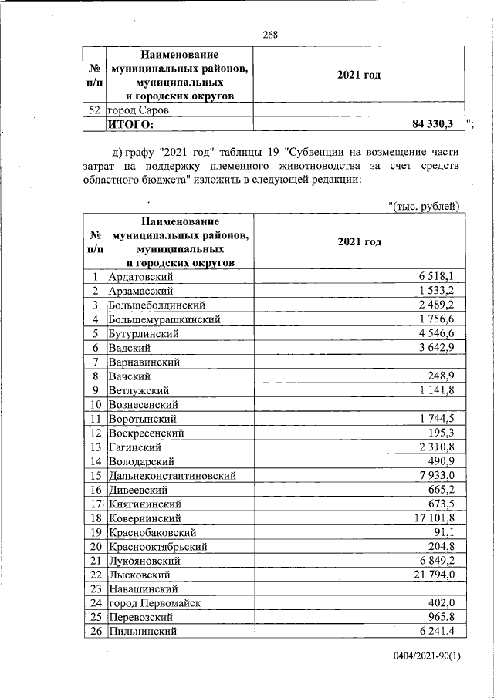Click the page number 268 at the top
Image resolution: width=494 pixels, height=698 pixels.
269,34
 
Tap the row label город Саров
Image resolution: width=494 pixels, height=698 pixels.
139,110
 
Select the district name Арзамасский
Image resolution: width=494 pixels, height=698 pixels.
141,291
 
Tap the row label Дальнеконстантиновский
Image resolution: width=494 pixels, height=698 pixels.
172,476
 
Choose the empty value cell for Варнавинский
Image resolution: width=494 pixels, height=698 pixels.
358,361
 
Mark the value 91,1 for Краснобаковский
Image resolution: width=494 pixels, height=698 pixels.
452,532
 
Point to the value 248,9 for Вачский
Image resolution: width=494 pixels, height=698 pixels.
448,376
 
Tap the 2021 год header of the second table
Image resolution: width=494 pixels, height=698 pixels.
359,242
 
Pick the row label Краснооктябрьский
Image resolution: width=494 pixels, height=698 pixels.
158,546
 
